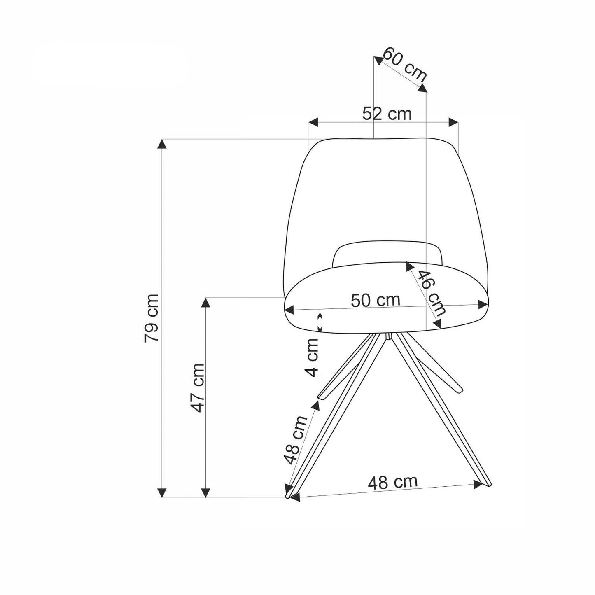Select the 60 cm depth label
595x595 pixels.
click(x=405, y=64)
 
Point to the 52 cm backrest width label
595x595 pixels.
click(x=387, y=114)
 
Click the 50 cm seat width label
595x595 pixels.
click(x=375, y=300)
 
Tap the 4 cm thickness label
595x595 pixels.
click(x=313, y=357)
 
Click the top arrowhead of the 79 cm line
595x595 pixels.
click(x=163, y=144)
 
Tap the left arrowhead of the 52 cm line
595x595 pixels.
click(x=313, y=122)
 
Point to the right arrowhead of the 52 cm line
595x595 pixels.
click(x=453, y=122)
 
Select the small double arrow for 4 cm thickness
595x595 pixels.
click(x=320, y=322)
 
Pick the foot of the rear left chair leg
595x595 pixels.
click(x=322, y=396)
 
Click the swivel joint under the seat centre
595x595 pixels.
click(x=388, y=337)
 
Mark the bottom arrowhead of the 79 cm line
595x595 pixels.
click(x=163, y=493)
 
